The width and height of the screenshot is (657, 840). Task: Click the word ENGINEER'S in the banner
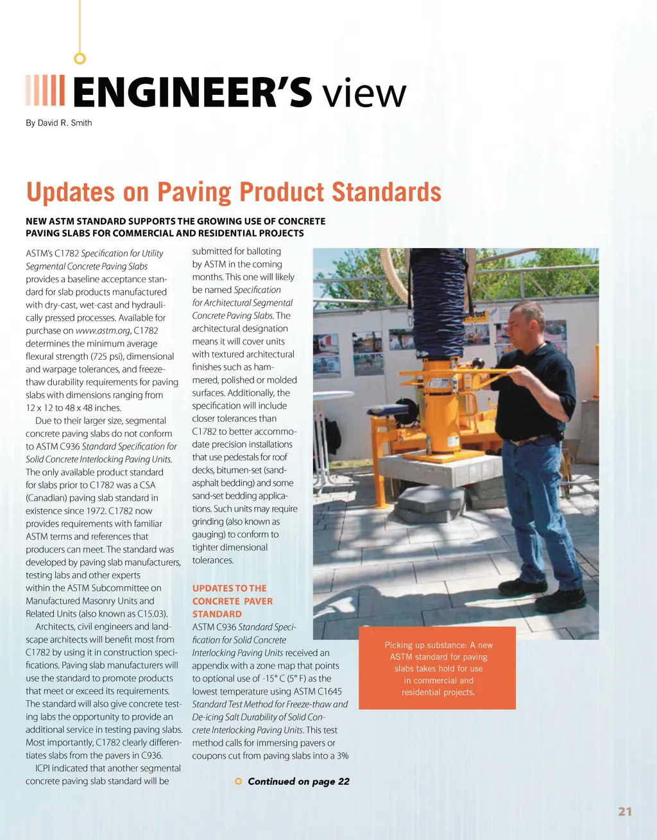coord(192,92)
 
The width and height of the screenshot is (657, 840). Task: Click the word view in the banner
coord(364,94)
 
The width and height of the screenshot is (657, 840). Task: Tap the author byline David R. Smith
coord(59,123)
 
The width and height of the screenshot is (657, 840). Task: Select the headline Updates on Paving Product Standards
coord(234,192)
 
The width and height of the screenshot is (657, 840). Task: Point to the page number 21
coord(625,812)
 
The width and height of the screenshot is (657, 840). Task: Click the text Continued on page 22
coord(298,781)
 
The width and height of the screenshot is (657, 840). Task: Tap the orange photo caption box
coord(438,668)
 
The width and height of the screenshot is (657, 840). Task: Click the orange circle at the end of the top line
coord(80,59)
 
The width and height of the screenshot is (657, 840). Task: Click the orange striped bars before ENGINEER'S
coord(45,90)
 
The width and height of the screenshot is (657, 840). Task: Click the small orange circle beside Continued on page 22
coord(239,781)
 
